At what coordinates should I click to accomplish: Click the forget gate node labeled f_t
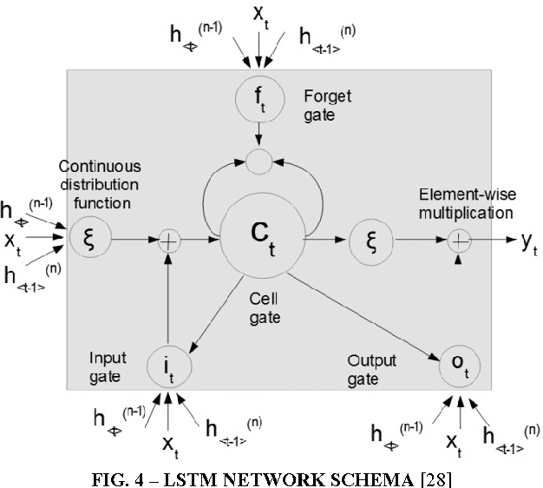(258, 104)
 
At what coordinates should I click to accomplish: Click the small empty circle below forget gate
(258, 160)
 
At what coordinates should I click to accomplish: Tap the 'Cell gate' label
(265, 308)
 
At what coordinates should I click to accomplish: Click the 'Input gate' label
(109, 366)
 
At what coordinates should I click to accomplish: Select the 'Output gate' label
(370, 368)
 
